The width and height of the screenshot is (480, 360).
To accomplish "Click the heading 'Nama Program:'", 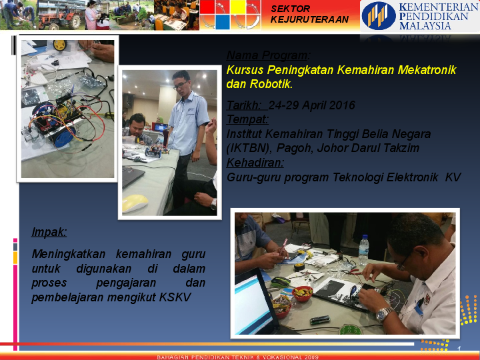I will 268,55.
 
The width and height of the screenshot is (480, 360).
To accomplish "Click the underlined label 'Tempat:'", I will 247,119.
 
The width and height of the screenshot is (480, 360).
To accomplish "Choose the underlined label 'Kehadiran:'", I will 255,163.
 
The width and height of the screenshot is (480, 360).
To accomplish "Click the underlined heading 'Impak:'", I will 49,232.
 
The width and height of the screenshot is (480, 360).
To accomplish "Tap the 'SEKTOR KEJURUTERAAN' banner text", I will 309,14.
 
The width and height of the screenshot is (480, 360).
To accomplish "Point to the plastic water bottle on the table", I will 363,249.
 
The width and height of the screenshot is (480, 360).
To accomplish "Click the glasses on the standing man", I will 181,85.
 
